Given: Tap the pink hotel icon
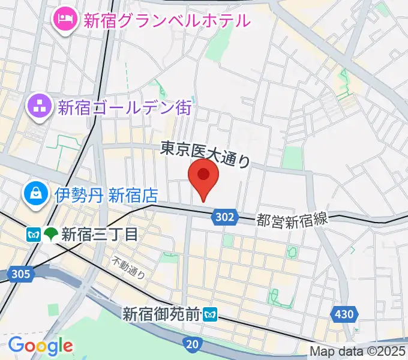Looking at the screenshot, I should (63, 20).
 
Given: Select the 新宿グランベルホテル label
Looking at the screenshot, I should (166, 21).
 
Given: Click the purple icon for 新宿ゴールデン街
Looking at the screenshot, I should (39, 107).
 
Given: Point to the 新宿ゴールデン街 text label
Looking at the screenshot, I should (124, 108).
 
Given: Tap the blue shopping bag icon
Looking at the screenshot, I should (35, 193).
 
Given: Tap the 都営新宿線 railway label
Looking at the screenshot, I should (293, 220).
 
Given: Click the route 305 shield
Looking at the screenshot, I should (20, 275).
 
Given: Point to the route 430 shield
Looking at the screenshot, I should (345, 314).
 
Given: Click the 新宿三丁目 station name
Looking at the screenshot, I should (99, 233).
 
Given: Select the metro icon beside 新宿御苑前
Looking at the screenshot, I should (210, 314).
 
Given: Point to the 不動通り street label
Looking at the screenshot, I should (129, 268).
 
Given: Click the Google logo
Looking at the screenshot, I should (40, 346).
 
